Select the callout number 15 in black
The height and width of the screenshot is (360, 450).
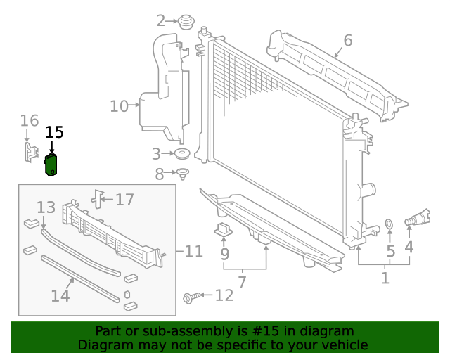54,132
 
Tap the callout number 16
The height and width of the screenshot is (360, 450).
29,121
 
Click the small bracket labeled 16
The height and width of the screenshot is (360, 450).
30,153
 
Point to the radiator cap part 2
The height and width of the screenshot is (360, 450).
186,22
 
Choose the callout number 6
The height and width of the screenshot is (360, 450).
347,40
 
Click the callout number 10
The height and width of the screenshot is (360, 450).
119,106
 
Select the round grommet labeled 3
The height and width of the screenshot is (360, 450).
183,154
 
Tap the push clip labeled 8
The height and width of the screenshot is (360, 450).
183,173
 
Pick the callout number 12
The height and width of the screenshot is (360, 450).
224,296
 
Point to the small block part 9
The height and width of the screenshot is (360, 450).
224,229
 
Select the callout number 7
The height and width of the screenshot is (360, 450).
242,283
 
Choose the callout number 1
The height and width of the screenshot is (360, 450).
385,278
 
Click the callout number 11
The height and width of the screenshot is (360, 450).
193,251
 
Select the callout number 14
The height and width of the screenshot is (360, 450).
60,296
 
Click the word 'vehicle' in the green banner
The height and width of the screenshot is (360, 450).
343,345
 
